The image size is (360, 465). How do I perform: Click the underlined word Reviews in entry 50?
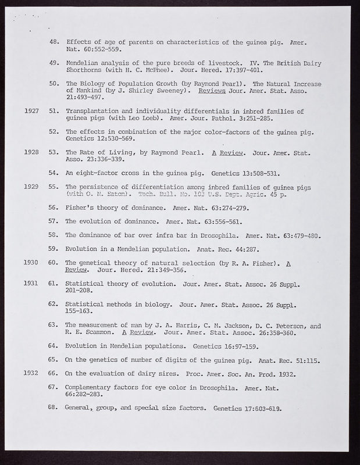[x=212, y=91]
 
